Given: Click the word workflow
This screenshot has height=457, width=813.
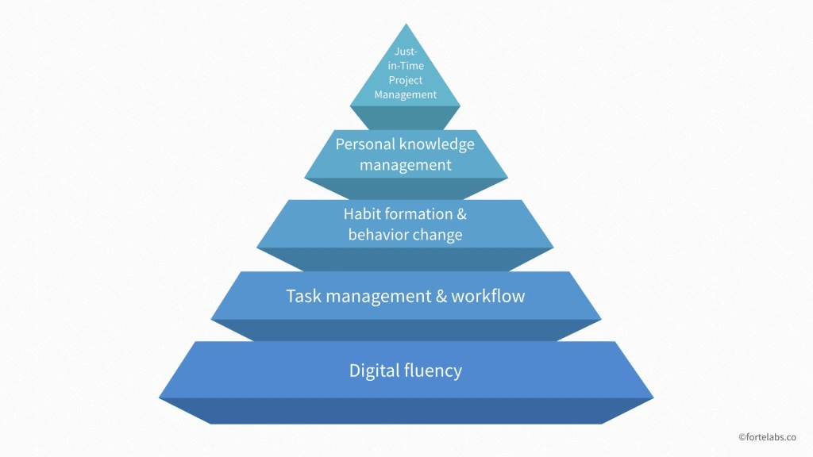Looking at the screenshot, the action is click(x=488, y=296).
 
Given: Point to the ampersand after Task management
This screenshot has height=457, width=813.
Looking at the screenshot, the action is click(x=441, y=296).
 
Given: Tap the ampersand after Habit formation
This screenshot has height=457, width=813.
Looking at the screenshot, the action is click(x=461, y=213).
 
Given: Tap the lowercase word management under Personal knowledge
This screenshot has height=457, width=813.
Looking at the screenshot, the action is click(x=406, y=165).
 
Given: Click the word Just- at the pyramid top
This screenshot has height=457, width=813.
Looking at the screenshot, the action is click(x=406, y=52).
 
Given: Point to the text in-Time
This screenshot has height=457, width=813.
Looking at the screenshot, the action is click(x=406, y=66).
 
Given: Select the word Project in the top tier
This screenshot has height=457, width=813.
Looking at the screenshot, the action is click(x=406, y=81).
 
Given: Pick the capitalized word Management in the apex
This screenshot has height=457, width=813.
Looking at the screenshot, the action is click(x=406, y=95).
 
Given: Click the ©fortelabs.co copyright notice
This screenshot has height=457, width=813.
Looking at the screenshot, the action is click(x=768, y=437).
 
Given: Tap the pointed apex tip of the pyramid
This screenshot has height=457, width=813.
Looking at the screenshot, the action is click(x=406, y=24).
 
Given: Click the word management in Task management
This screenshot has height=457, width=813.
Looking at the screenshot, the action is click(x=379, y=297).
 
